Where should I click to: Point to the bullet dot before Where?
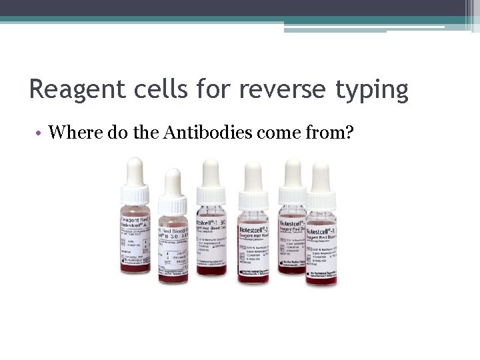(x=40, y=133)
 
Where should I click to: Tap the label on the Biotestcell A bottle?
(x=135, y=237)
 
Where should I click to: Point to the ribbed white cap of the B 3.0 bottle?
(x=173, y=204)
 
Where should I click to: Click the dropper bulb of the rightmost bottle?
(x=321, y=175)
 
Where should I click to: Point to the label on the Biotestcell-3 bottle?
(x=321, y=243)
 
